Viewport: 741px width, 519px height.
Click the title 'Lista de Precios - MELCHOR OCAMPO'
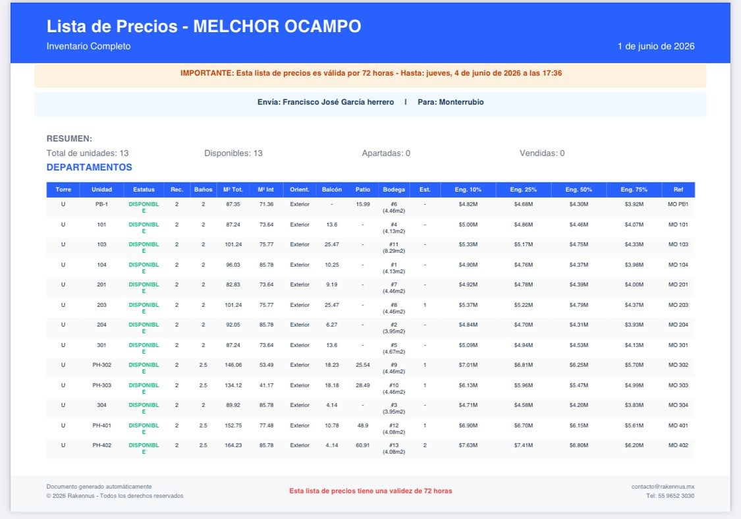click(x=204, y=26)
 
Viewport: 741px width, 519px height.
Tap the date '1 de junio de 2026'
click(x=656, y=46)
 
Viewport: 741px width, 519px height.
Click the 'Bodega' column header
click(x=394, y=190)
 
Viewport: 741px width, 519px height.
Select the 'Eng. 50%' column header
click(x=578, y=190)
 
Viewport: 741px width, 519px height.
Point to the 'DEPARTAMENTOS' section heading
click(x=90, y=167)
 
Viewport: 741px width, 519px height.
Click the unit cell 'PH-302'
click(x=101, y=365)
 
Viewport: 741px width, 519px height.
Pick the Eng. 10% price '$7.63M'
click(x=468, y=445)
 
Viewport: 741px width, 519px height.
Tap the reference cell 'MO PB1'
click(x=678, y=204)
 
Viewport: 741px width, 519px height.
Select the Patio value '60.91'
click(x=362, y=445)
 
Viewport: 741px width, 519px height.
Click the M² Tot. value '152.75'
click(x=233, y=425)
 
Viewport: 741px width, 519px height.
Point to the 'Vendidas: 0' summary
click(x=542, y=153)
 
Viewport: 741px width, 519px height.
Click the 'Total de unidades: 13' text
click(x=88, y=153)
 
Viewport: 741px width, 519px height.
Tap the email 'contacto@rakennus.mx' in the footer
click(x=663, y=486)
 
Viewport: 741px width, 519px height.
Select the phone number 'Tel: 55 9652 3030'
click(x=670, y=496)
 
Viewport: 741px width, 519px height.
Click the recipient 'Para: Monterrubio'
click(x=451, y=102)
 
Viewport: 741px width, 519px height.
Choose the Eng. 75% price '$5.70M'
click(x=634, y=365)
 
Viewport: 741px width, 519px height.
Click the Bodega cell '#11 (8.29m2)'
click(x=394, y=248)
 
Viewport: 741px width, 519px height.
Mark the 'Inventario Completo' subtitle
click(x=88, y=46)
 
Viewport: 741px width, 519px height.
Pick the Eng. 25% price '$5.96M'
click(x=523, y=385)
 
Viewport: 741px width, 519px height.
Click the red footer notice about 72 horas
click(x=370, y=491)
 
